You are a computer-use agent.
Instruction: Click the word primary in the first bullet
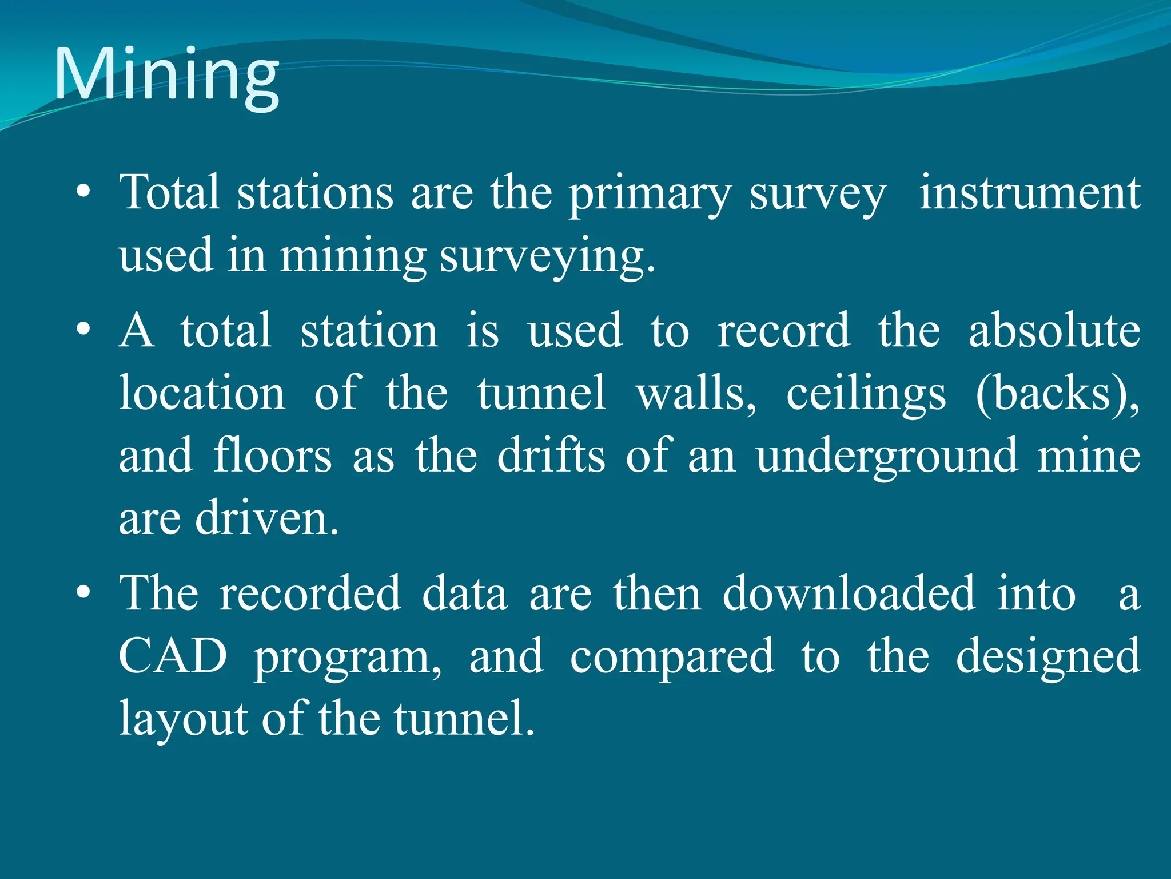click(650, 195)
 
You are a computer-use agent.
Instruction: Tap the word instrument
click(1029, 193)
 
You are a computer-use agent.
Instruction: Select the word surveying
click(547, 256)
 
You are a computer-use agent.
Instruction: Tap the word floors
click(272, 456)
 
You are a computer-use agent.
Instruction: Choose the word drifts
click(551, 456)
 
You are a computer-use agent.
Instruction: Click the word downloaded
click(849, 593)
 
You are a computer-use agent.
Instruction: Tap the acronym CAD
click(173, 656)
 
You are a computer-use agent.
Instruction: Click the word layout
click(182, 720)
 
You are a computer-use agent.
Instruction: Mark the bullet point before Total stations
click(83, 193)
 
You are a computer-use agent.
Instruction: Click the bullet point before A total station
click(83, 330)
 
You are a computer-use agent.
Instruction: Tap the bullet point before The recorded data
click(83, 593)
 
